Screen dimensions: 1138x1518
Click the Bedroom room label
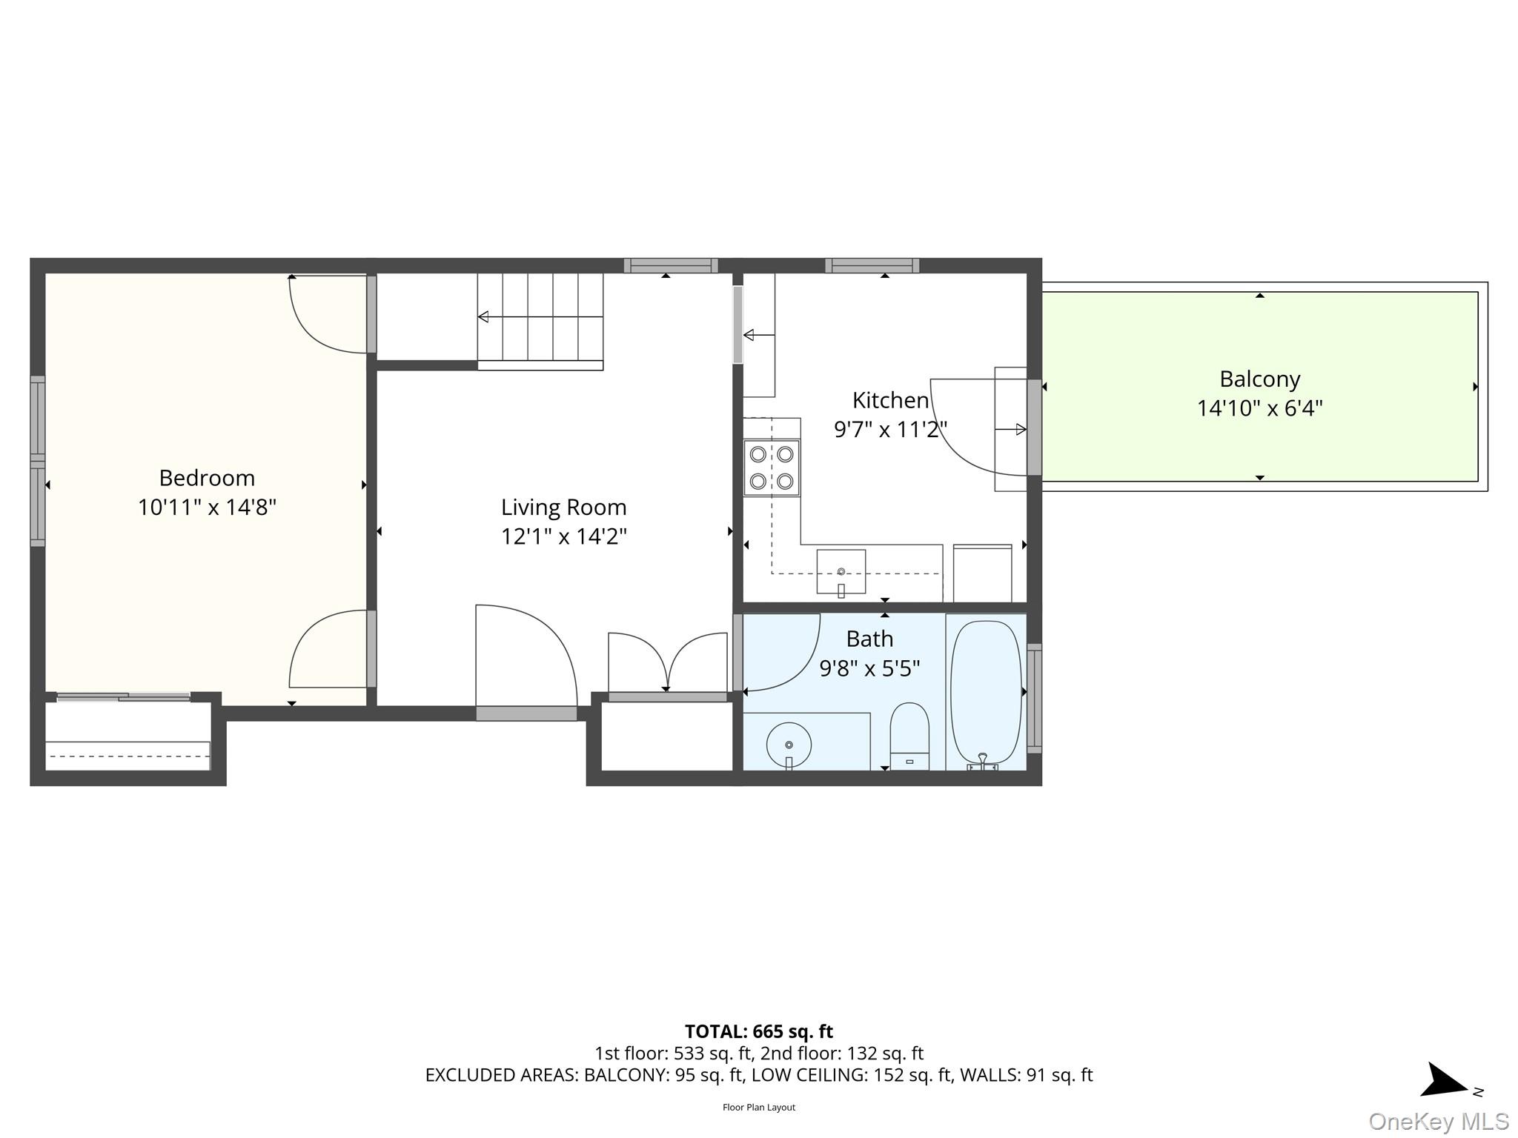point(207,478)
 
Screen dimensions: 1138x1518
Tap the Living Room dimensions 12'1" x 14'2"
point(563,536)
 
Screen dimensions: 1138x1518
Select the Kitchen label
point(890,401)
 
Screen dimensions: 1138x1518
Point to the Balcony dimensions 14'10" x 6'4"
point(1259,408)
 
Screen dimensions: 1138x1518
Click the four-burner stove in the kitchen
point(772,467)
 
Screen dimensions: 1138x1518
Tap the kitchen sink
point(841,571)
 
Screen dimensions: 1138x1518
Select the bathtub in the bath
point(985,692)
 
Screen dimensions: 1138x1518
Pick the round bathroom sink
point(789,744)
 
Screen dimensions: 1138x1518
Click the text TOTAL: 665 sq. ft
point(758,1031)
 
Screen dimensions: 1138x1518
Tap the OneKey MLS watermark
point(1438,1121)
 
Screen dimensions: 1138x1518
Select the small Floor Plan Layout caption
point(758,1107)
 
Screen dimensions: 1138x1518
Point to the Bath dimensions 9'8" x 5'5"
point(869,669)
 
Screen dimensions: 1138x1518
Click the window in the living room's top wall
point(671,265)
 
